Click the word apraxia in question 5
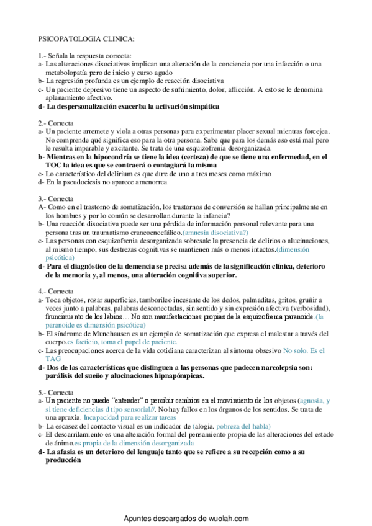pyautogui.click(x=91, y=417)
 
